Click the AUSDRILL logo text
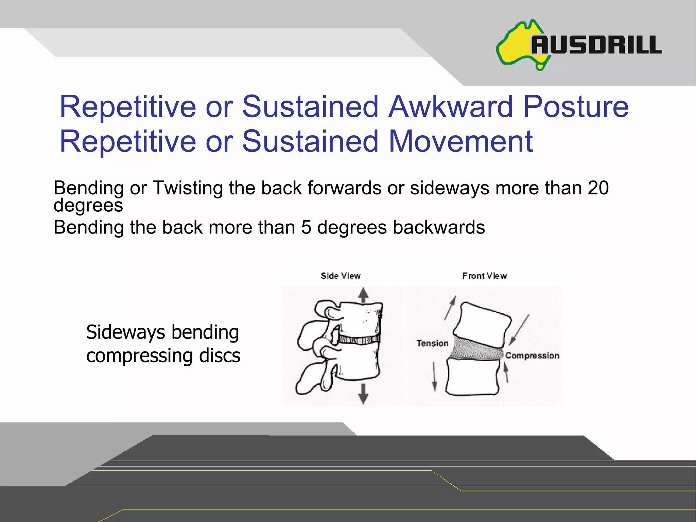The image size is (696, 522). [x=596, y=45]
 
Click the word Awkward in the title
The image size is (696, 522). [x=450, y=107]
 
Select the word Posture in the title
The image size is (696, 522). [x=576, y=107]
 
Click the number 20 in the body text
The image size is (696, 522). [x=598, y=188]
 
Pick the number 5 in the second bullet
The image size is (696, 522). [x=306, y=227]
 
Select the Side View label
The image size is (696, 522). [x=341, y=276]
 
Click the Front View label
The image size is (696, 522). [x=484, y=276]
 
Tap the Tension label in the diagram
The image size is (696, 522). [x=432, y=343]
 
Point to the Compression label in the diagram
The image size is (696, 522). [x=532, y=355]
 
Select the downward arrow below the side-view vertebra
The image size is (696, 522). [x=363, y=394]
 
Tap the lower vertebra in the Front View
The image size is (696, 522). [x=472, y=377]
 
